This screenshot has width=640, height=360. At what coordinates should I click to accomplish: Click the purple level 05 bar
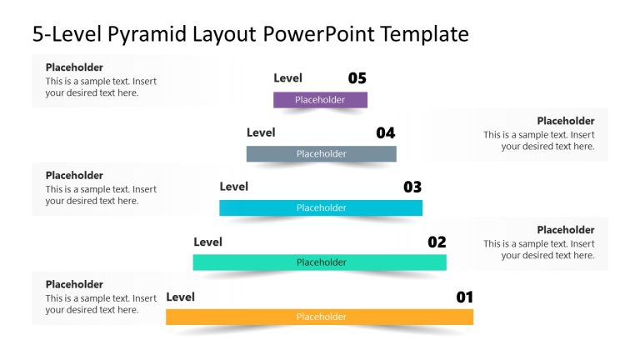(320, 100)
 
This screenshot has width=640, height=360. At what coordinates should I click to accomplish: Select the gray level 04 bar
(321, 153)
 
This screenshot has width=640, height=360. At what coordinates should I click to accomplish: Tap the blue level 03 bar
(321, 207)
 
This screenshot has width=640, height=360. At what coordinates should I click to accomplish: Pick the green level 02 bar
(320, 262)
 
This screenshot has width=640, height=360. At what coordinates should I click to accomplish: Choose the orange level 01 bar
(320, 317)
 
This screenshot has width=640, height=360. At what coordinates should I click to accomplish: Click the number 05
(357, 78)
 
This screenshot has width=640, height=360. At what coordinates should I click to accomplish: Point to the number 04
(385, 132)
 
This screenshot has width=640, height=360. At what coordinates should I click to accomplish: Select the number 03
(412, 187)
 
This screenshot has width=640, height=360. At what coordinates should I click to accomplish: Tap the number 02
(437, 242)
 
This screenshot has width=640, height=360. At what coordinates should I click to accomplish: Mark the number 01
(464, 297)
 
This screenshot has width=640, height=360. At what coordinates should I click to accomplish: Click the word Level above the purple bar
(287, 78)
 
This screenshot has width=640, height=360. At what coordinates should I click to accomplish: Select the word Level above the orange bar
(180, 297)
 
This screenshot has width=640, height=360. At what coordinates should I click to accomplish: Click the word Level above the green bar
(207, 242)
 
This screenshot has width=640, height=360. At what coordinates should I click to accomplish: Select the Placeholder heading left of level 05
(74, 67)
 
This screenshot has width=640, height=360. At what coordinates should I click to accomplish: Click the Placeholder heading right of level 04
(565, 121)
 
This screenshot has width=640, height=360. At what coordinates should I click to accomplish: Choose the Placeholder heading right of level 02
(565, 230)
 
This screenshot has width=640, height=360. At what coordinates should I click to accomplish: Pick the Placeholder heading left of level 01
(74, 284)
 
